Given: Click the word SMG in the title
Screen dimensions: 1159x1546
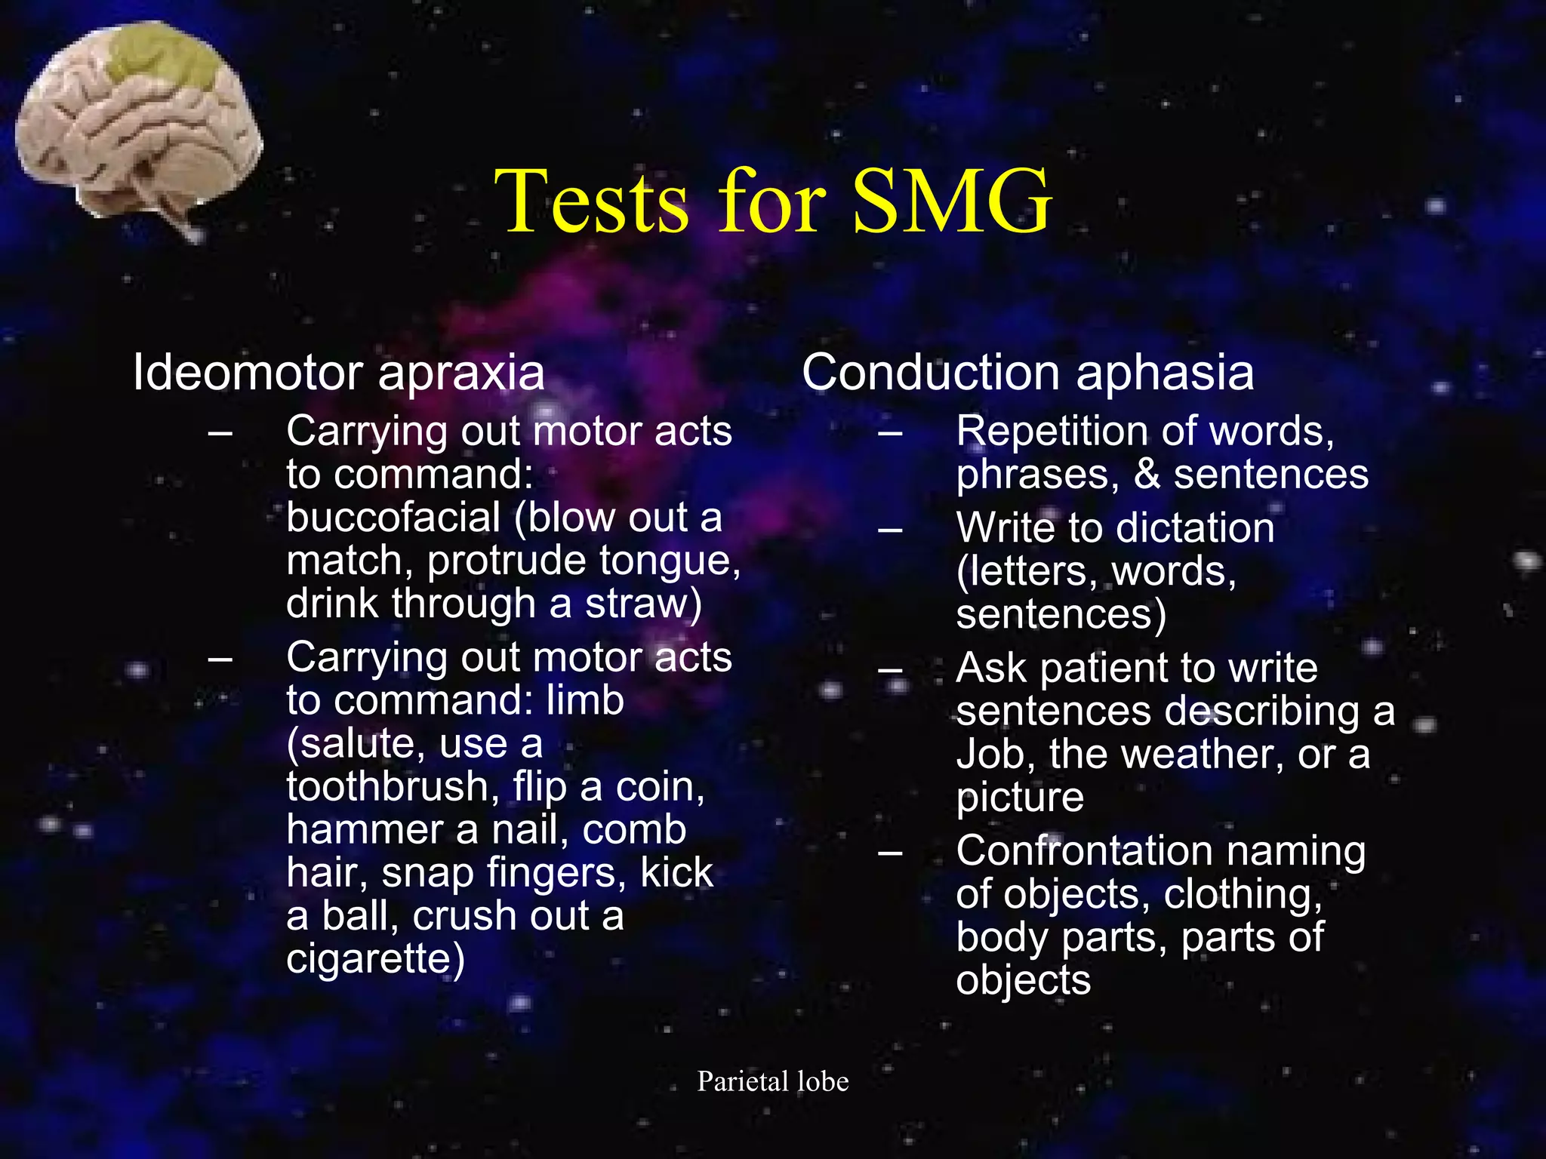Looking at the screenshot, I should [x=952, y=201].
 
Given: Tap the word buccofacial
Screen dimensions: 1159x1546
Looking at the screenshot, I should [x=393, y=518].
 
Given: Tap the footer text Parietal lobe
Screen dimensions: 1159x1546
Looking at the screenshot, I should [x=773, y=1081].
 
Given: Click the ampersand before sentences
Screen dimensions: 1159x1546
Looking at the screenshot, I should [x=1146, y=475].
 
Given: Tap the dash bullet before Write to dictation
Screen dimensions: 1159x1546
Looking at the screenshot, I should [x=891, y=530].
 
